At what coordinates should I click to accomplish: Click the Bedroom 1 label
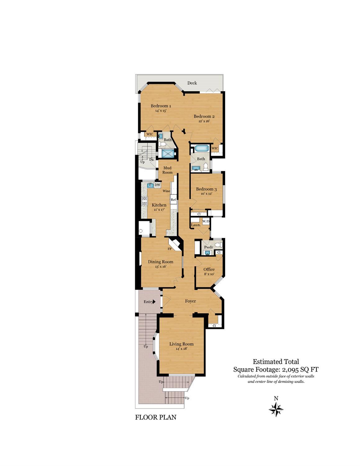pos(161,106)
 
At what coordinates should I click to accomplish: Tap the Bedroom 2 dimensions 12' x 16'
pos(204,121)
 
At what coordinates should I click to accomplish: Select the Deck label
pos(192,83)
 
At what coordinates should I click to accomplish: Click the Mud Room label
pos(167,170)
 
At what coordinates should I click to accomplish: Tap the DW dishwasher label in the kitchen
pos(157,185)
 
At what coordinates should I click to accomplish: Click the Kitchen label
pos(159,205)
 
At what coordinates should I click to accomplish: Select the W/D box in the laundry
pos(206,221)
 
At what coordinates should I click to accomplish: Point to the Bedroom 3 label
pos(206,189)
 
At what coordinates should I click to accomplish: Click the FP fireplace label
pos(170,249)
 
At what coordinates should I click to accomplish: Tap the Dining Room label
pos(160,262)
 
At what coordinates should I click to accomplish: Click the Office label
pos(209,269)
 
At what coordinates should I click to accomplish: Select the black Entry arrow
pos(154,302)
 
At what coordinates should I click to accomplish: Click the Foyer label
pos(190,301)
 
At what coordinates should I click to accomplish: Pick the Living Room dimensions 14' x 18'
pos(181,349)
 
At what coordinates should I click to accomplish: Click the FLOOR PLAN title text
pos(156,417)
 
